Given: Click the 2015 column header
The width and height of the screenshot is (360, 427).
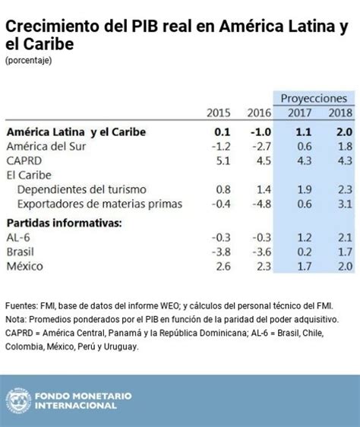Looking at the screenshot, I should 219,113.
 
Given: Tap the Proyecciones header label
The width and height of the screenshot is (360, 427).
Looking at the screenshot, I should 314,98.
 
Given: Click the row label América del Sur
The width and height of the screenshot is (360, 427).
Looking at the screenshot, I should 46,146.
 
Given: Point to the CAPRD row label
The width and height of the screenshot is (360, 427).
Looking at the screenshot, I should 25,160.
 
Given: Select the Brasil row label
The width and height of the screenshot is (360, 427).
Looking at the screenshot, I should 23,251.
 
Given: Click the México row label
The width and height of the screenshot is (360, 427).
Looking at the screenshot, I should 26,266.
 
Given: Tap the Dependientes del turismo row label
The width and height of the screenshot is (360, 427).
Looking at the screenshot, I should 81,189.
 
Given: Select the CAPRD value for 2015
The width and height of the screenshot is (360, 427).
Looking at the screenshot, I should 223,160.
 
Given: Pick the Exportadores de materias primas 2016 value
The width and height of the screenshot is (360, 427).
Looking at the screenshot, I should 259,204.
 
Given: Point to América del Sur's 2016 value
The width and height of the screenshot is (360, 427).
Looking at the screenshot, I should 259,146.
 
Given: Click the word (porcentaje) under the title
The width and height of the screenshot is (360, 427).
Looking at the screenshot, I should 29,60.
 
